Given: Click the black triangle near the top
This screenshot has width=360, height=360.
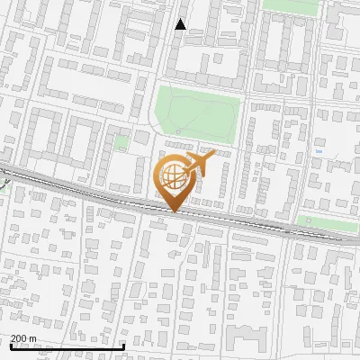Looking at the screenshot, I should (x=181, y=24).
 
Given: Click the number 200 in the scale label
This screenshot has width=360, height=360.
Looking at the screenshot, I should (x=19, y=339).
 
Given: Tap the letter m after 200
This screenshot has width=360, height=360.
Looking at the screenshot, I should (x=33, y=339).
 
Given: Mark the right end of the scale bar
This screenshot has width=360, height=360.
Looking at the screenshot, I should (x=123, y=346).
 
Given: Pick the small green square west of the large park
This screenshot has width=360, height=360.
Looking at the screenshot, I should (x=121, y=141).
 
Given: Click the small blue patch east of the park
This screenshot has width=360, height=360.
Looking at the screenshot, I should (x=320, y=152).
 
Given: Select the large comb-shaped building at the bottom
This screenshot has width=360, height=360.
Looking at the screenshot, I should (x=247, y=340).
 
